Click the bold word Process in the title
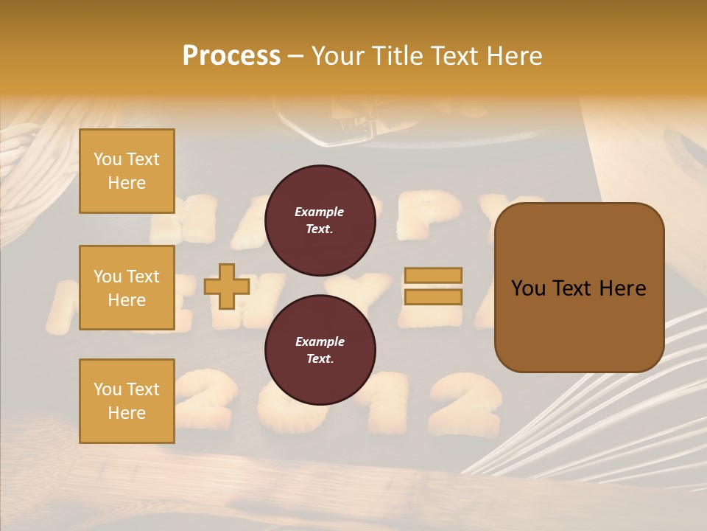[231, 56]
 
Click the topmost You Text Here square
[127, 171]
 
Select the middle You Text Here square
[127, 288]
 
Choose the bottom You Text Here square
[127, 401]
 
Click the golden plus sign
[227, 286]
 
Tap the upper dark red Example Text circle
[320, 220]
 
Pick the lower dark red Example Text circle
[320, 350]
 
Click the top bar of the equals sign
[433, 276]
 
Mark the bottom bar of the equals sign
[433, 296]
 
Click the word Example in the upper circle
[320, 212]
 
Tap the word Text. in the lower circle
[320, 358]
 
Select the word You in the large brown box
[528, 288]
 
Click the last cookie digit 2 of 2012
[465, 402]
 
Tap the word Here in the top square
[127, 183]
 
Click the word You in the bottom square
[107, 389]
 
